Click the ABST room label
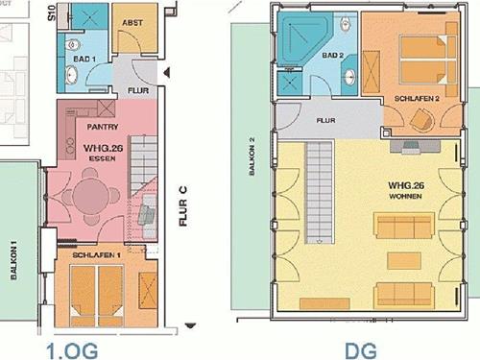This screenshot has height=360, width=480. tap(132, 23)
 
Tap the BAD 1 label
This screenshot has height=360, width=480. tap(84, 59)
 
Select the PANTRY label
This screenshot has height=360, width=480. tap(103, 127)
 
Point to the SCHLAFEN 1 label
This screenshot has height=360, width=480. tap(96, 255)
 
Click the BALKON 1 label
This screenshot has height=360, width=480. tap(13, 260)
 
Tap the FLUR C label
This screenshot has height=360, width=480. tap(183, 206)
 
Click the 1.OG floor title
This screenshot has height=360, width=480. tap(72, 350)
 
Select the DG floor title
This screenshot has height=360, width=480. tap(361, 350)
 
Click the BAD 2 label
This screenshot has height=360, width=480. tap(333, 55)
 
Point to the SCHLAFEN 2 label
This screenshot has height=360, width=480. tap(417, 99)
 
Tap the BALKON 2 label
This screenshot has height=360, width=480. tap(252, 156)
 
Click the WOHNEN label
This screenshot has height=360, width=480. tap(405, 196)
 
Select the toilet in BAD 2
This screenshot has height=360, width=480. tap(345, 23)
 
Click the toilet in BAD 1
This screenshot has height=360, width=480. tap(71, 45)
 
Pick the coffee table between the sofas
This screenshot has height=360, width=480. tap(404, 260)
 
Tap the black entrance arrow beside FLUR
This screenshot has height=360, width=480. tap(166, 73)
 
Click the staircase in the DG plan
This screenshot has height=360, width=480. tap(320, 192)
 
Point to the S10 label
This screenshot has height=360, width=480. tap(52, 12)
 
